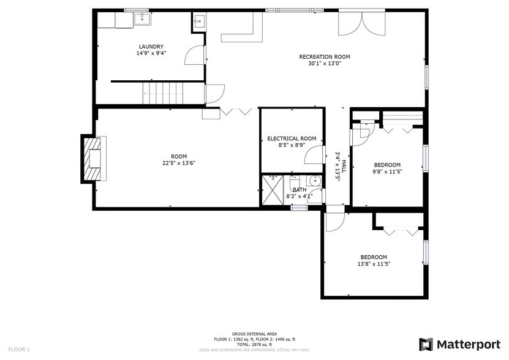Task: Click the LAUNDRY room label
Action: click(151, 47)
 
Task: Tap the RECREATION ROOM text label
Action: click(324, 57)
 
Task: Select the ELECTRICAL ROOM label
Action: click(291, 138)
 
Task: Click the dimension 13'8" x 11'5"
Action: click(374, 264)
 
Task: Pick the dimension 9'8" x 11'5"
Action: click(387, 171)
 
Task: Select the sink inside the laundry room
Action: click(142, 19)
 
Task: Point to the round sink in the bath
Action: click(315, 181)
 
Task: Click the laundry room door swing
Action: click(195, 56)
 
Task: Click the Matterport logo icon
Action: click(426, 344)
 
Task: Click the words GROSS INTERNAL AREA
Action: click(254, 334)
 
